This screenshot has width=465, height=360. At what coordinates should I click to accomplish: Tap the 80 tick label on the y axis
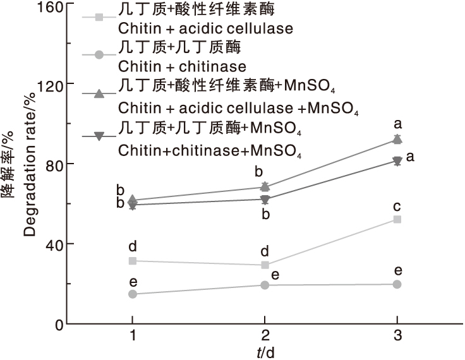point(53,164)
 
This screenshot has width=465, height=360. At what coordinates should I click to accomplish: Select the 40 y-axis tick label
point(53,244)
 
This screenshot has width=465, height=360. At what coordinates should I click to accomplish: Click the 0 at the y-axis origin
point(57,324)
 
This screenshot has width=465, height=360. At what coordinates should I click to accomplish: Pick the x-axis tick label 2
point(265,335)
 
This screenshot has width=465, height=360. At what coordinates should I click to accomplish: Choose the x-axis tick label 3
point(397,335)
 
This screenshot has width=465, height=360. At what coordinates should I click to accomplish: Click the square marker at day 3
point(397,219)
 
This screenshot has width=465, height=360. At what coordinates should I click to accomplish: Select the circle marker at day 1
point(133,294)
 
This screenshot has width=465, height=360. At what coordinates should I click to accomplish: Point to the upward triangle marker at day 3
point(397,139)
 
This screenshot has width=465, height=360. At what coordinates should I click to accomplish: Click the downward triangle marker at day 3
point(397,162)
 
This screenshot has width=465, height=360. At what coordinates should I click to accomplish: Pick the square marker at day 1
point(133,260)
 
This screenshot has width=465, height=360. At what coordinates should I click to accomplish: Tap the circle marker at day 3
point(397,284)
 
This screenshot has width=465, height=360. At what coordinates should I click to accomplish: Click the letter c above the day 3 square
point(397,206)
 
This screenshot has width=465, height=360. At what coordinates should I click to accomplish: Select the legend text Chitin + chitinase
point(182,66)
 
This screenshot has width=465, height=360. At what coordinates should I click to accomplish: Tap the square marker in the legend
point(99,16)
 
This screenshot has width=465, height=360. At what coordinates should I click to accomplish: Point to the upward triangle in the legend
point(99,94)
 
